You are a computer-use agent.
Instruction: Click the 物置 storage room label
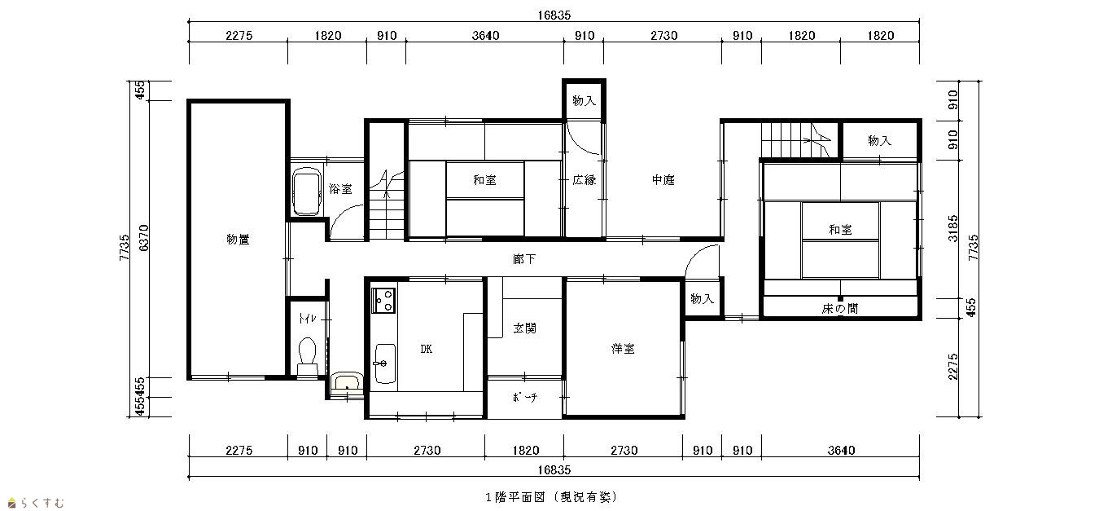pyautogui.click(x=238, y=240)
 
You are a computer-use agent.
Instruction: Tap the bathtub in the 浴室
pyautogui.click(x=307, y=192)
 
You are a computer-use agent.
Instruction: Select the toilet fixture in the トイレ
pyautogui.click(x=308, y=356)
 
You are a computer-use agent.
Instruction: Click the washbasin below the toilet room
pyautogui.click(x=347, y=382)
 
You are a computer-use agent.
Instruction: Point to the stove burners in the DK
pyautogui.click(x=383, y=300)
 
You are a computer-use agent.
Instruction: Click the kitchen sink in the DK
pyautogui.click(x=384, y=363)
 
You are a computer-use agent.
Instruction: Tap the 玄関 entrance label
pyautogui.click(x=524, y=328)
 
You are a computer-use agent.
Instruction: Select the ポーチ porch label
pyautogui.click(x=524, y=397)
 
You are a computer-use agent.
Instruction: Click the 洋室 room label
pyautogui.click(x=623, y=348)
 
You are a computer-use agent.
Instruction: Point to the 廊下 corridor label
pyautogui.click(x=524, y=259)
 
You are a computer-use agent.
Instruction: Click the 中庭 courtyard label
pyautogui.click(x=663, y=180)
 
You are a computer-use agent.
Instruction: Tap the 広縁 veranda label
pyautogui.click(x=585, y=180)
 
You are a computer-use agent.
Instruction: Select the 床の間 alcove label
pyautogui.click(x=840, y=309)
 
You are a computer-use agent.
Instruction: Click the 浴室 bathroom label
pyautogui.click(x=340, y=189)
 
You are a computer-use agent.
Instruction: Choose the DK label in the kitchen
pyautogui.click(x=427, y=349)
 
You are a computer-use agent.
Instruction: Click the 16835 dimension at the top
pyautogui.click(x=554, y=15)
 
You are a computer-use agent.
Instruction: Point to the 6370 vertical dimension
pyautogui.click(x=143, y=238)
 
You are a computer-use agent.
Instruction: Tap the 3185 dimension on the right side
pyautogui.click(x=952, y=228)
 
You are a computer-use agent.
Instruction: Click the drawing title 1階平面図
pyautogui.click(x=515, y=497)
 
